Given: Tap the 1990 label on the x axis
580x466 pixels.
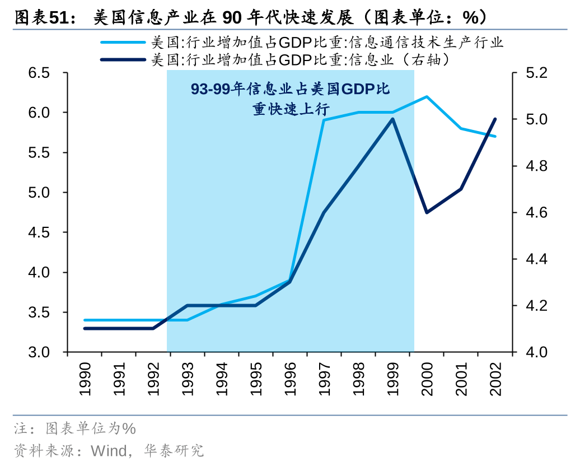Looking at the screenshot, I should click(x=85, y=379).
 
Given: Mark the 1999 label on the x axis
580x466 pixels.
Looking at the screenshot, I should click(x=392, y=379).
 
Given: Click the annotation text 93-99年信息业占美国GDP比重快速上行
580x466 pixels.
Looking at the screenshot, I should click(x=290, y=99).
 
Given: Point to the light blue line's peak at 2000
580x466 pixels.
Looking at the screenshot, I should click(x=427, y=96).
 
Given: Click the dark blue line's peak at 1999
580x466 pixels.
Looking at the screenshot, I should click(x=392, y=119).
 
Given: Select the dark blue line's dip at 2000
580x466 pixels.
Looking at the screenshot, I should click(x=427, y=212).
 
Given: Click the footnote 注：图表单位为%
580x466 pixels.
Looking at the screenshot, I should click(x=75, y=429).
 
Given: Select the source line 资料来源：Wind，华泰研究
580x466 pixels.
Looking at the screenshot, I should click(x=109, y=450).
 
